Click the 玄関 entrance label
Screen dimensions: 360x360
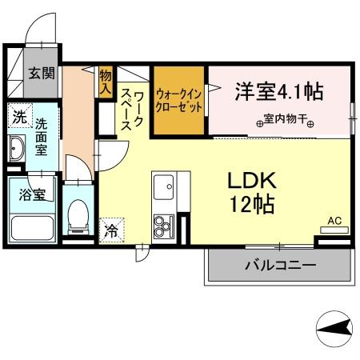(42, 74)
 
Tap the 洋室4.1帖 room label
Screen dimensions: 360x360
(278, 91)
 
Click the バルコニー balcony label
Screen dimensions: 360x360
(279, 265)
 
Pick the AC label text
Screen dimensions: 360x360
(334, 218)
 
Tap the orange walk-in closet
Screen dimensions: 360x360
(178, 102)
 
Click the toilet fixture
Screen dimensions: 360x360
(78, 214)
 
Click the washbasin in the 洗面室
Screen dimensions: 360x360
(18, 149)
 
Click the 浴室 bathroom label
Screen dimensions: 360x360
(29, 194)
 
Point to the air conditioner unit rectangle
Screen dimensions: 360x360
(334, 230)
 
